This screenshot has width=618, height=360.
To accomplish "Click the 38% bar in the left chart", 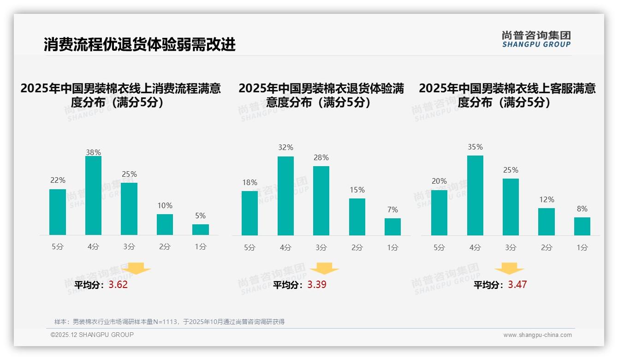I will point(93,196).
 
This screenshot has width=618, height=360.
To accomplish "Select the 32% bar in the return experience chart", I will point(285,196).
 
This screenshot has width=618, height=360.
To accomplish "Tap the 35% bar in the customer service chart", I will point(475,196).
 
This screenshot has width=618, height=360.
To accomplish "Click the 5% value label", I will point(200,216).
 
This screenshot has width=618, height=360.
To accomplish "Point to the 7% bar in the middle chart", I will point(392,227).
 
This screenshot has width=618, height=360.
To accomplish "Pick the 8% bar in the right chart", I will point(582,226).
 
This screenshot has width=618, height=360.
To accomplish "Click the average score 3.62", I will point(118,284).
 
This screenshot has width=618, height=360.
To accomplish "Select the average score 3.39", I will point(317,284).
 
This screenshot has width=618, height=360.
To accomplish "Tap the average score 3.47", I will point(517,284).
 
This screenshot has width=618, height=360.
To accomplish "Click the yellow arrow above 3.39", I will point(324,269).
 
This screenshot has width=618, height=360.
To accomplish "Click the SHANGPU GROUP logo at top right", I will point(536,39).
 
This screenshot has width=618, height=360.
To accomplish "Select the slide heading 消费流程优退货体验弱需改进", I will point(140,44).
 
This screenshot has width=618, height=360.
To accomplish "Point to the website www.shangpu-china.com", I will point(537,335).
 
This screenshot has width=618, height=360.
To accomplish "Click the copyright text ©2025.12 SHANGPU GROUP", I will point(92,335).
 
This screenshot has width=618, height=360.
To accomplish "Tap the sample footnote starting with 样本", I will point(169,322).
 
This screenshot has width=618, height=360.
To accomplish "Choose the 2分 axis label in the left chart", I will point(165,247).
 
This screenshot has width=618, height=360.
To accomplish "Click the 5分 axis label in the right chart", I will point(439,247).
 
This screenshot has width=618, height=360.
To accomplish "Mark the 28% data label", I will point(321,158).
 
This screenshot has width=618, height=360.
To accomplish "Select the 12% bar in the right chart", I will point(547,222).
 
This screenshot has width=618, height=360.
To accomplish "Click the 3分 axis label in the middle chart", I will point(321,247).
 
